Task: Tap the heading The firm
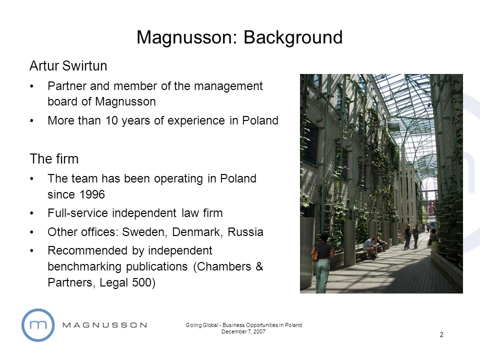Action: click(54, 159)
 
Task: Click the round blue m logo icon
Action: click(37, 325)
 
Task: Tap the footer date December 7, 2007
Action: click(243, 332)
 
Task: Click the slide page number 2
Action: click(441, 335)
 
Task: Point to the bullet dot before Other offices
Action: click(32, 232)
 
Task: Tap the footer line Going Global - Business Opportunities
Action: click(243, 325)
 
